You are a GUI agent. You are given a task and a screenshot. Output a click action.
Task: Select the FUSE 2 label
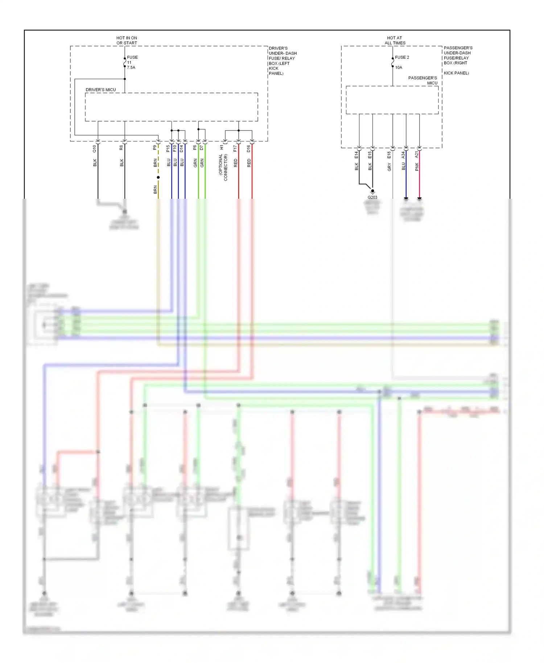402,57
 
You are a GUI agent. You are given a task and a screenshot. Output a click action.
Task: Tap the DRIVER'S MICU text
101,90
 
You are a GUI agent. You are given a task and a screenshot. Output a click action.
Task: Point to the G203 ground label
372,197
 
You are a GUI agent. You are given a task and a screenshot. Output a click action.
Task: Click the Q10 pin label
94,148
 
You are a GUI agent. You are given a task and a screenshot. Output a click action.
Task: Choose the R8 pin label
121,148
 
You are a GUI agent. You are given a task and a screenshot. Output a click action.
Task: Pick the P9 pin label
154,148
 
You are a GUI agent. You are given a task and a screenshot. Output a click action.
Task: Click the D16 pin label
248,148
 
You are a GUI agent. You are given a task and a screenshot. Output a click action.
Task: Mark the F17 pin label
235,148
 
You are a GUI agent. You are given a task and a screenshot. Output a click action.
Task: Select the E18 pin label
389,155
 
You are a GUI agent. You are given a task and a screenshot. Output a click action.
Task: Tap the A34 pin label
403,155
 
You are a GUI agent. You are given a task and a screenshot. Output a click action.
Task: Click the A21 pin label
416,155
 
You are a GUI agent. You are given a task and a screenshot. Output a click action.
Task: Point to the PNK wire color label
417,167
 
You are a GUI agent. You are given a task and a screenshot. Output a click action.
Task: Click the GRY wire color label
389,167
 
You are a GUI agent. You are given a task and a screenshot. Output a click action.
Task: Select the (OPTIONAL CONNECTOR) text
223,167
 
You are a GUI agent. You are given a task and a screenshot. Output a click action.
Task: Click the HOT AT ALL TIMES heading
395,40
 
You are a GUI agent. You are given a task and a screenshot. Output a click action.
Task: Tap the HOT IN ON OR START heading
127,40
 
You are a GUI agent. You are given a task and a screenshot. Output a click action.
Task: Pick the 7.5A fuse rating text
131,67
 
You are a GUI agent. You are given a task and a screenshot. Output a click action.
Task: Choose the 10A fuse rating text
399,67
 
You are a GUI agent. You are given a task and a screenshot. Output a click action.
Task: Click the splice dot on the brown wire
158,177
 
